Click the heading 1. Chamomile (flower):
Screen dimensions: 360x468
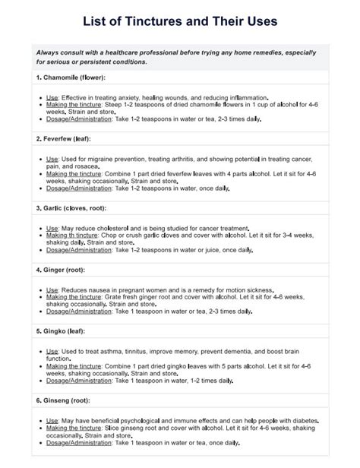click(x=72, y=78)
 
